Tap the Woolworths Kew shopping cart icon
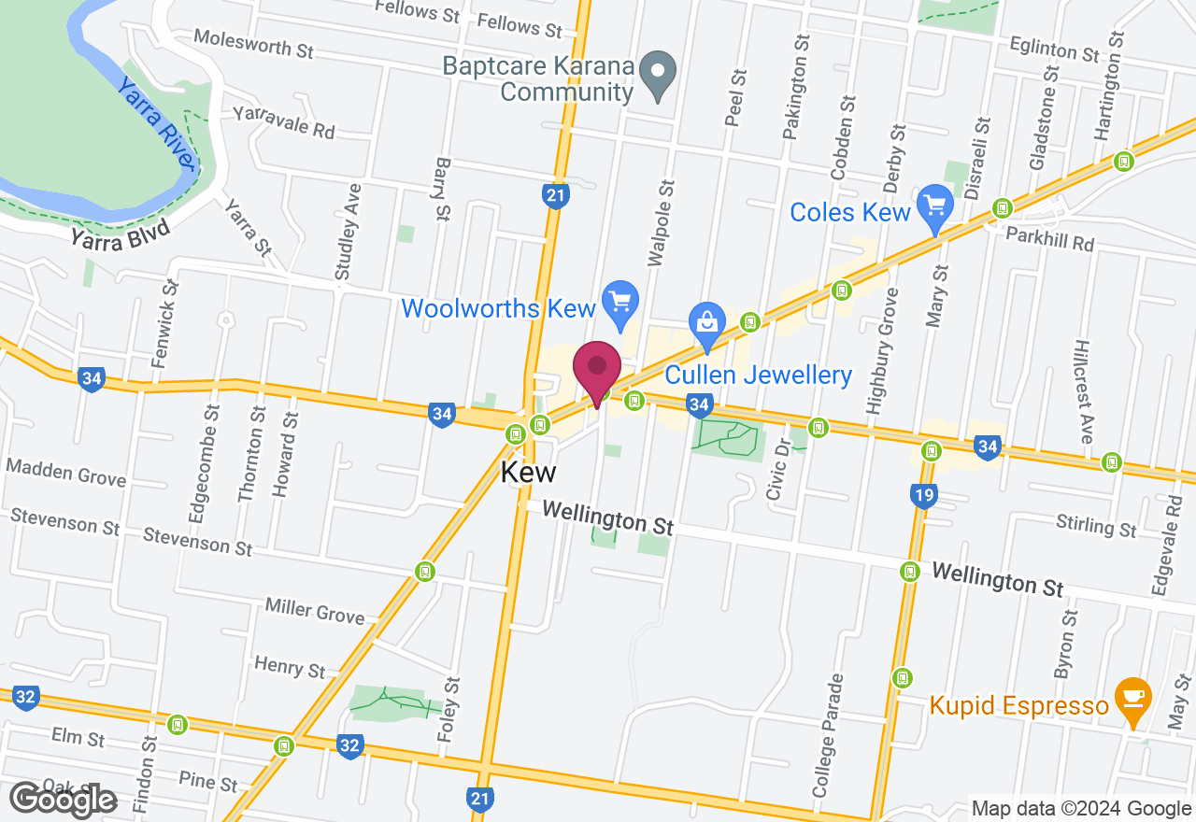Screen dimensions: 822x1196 pyautogui.click(x=619, y=302)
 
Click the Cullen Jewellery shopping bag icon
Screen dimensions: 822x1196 pyautogui.click(x=707, y=321)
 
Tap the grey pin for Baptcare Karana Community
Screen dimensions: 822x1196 pyautogui.click(x=660, y=71)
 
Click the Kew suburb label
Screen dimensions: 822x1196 pyautogui.click(x=528, y=472)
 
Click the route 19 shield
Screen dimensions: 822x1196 pyautogui.click(x=923, y=495)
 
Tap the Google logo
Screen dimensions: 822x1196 pyautogui.click(x=63, y=800)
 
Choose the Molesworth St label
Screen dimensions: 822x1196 pyautogui.click(x=253, y=43)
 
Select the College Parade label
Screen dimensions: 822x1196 pyautogui.click(x=828, y=735)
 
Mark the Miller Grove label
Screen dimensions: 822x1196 pyautogui.click(x=314, y=611)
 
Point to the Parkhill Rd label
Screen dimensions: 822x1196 pyautogui.click(x=1049, y=238)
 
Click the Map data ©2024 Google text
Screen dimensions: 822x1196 pyautogui.click(x=1081, y=808)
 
